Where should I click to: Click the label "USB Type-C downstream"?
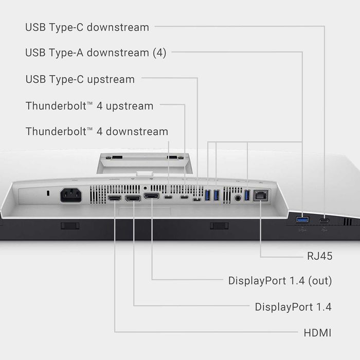click(x=87, y=27)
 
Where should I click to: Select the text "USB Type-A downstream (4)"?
click(x=96, y=52)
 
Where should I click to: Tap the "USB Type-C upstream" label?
click(x=80, y=79)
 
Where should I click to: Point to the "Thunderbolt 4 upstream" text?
click(x=89, y=106)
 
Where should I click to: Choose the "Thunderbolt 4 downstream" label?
click(x=97, y=132)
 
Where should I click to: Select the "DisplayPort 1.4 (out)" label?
click(x=280, y=281)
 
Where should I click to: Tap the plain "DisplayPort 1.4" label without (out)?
click(x=293, y=307)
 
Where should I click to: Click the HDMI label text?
click(x=317, y=333)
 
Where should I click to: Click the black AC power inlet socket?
click(x=70, y=195)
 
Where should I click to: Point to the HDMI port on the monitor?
click(x=114, y=198)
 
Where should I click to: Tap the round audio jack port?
click(x=238, y=196)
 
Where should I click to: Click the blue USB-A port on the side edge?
click(x=302, y=220)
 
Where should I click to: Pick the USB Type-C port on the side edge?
click(x=325, y=221)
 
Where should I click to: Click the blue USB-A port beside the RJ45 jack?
click(x=247, y=195)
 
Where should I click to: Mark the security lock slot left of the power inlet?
click(x=47, y=193)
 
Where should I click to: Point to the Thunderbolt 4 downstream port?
click(x=169, y=196)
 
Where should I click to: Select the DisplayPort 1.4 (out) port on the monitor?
click(x=151, y=196)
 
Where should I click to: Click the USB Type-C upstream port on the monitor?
click(x=196, y=198)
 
